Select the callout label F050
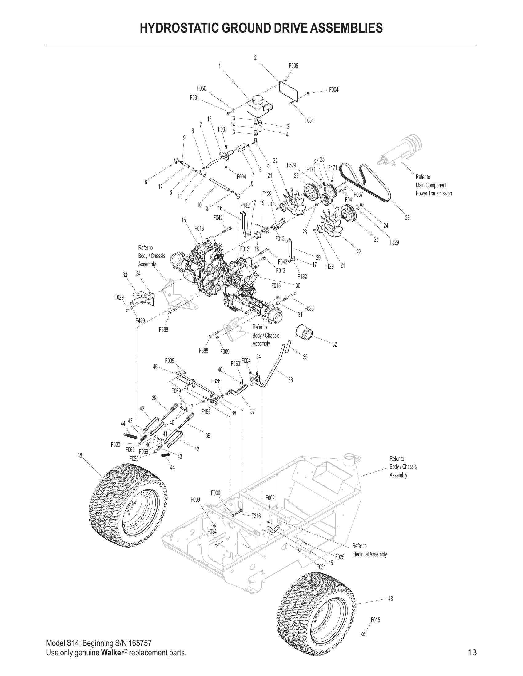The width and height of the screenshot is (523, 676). (x=202, y=88)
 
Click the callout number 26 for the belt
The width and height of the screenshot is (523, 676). (x=407, y=218)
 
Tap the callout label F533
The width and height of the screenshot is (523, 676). (x=309, y=308)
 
